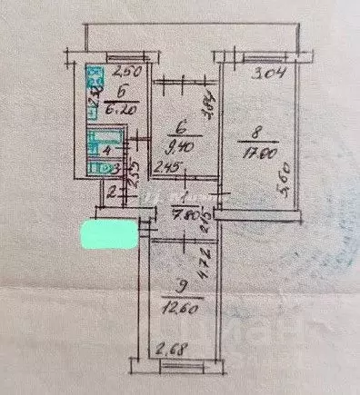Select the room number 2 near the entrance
[112, 192]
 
